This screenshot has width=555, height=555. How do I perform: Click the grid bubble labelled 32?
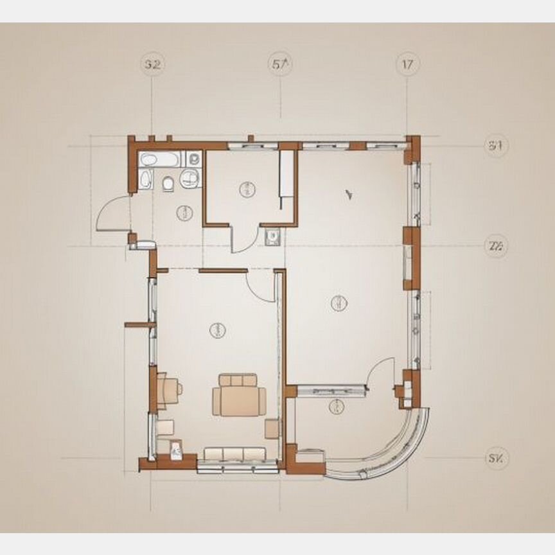point(152,64)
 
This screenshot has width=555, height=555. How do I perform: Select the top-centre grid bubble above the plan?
point(281,64)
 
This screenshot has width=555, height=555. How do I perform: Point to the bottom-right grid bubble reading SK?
point(496,459)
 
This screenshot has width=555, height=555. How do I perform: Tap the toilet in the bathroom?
point(168,184)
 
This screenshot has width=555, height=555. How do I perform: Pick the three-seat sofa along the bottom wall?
point(234,455)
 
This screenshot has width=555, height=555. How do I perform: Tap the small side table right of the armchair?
point(272,428)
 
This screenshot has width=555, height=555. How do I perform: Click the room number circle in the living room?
point(217,330)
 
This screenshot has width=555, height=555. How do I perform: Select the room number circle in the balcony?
point(336,406)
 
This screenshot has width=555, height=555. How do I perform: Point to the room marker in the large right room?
point(339,303)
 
